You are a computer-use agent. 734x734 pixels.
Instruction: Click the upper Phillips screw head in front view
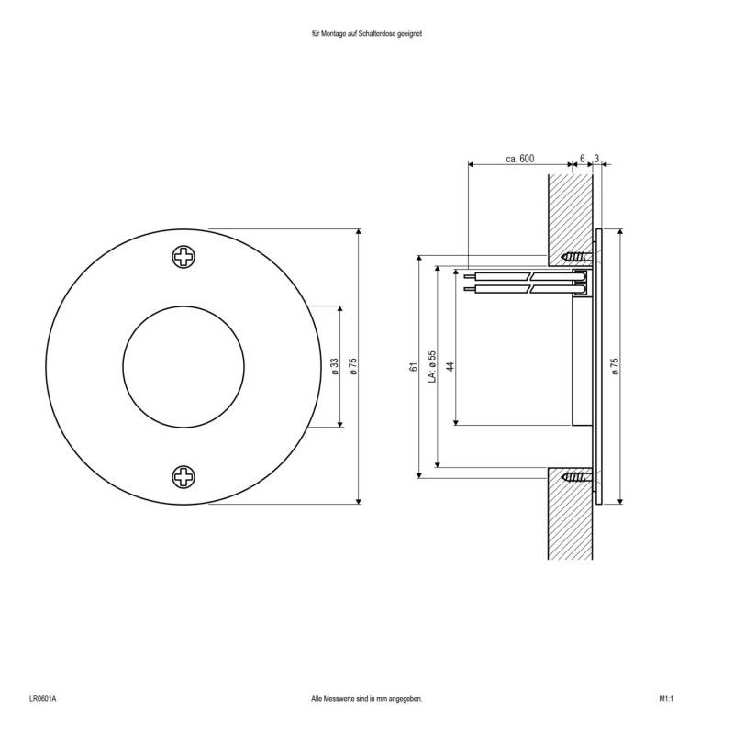tap(184, 257)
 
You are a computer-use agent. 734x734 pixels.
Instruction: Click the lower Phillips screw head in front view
tap(184, 476)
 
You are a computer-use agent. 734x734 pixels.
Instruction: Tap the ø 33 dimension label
tap(335, 366)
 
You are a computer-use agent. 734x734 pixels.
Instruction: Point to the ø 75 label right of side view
tap(615, 366)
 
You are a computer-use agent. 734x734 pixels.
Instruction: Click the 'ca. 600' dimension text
tap(519, 159)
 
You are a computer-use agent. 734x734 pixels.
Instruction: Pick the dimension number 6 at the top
tap(582, 159)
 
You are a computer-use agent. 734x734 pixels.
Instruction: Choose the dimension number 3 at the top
tap(597, 159)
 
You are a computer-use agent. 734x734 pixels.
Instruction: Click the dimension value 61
tap(414, 366)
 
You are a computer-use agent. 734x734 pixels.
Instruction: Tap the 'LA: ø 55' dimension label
tap(432, 366)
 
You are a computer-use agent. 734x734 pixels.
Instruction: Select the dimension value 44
tap(450, 366)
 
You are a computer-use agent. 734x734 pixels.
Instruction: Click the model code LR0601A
tap(42, 699)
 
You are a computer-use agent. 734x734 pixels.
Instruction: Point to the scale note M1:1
tap(666, 699)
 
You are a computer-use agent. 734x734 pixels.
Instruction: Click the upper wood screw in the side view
tap(576, 255)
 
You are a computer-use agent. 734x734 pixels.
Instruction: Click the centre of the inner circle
tap(183, 366)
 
